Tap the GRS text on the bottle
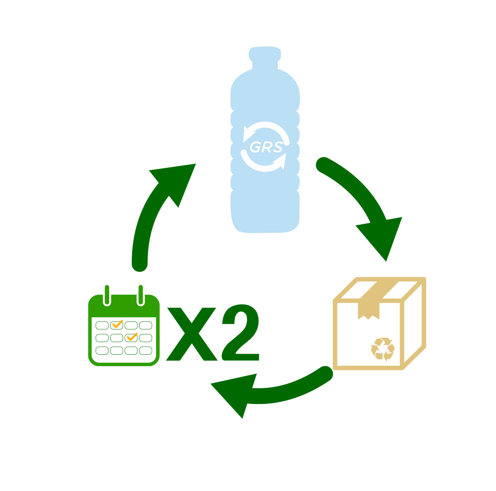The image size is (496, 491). tap(266, 147)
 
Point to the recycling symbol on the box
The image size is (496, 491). tap(383, 349)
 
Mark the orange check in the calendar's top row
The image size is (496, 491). tap(117, 325)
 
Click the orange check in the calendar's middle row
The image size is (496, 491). tap(132, 337)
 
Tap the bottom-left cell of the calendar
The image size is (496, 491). tap(102, 351)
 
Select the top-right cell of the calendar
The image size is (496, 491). tap(145, 325)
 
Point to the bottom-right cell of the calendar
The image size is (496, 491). tap(145, 351)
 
